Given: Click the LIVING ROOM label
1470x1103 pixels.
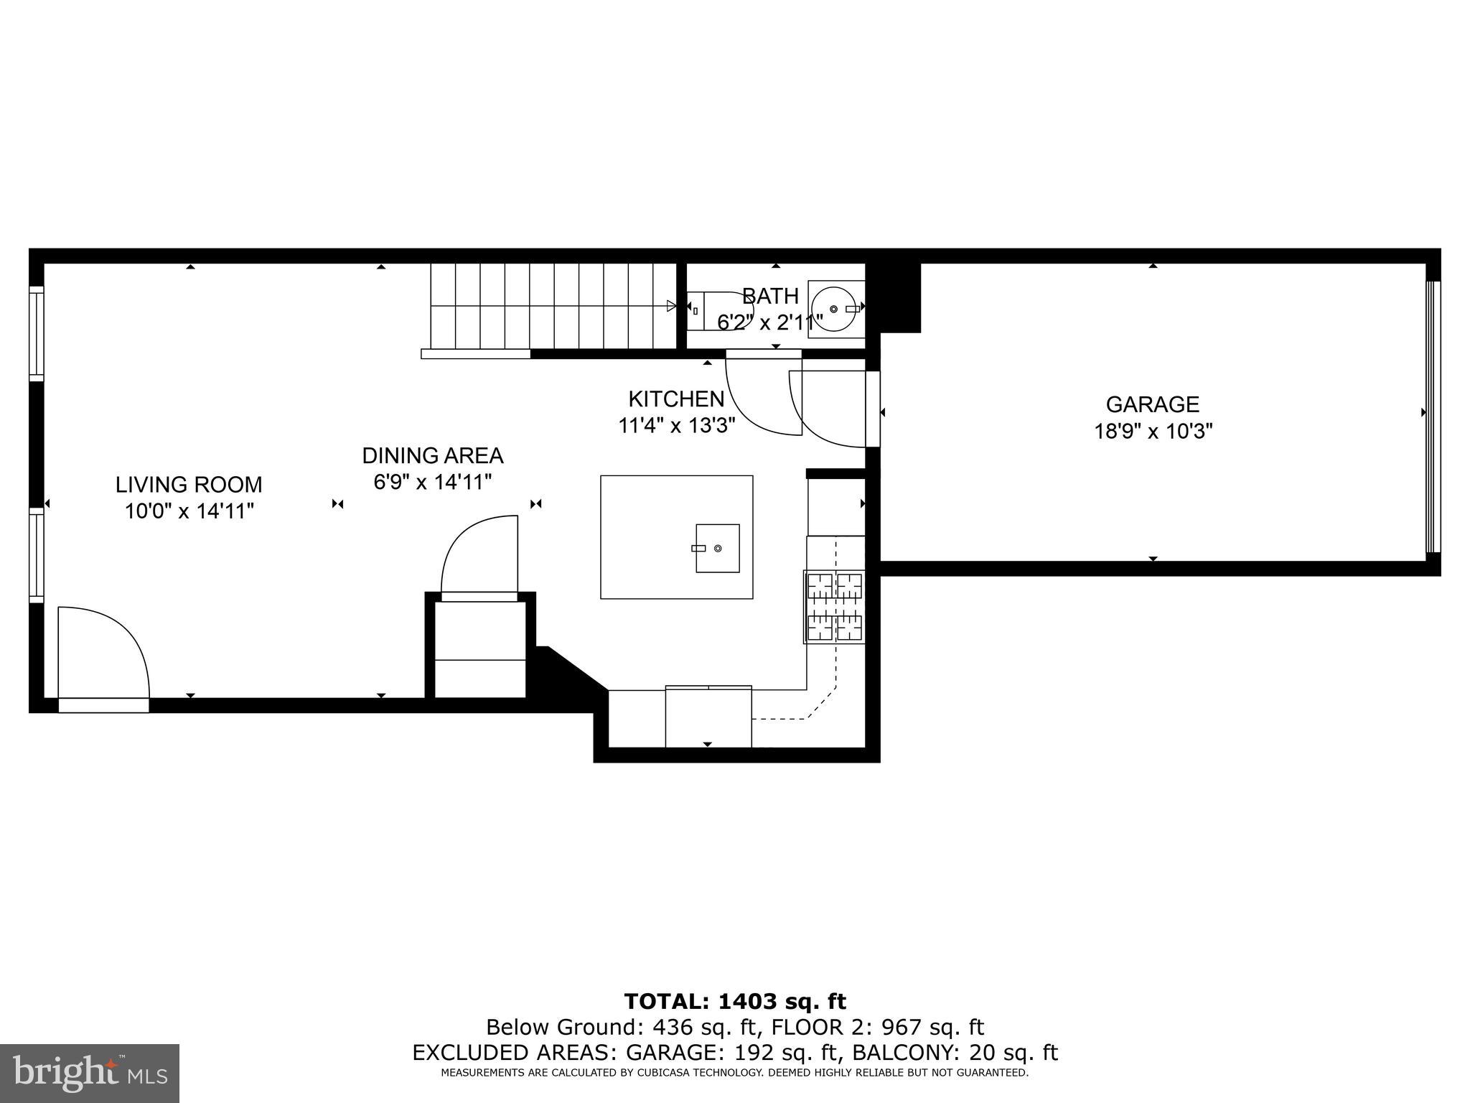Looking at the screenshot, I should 189,485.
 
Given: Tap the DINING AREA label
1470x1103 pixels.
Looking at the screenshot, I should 432,456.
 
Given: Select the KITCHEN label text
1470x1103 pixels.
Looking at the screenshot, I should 676,399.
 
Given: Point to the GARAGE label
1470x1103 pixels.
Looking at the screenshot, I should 1152,404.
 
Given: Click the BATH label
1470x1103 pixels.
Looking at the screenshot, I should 770,296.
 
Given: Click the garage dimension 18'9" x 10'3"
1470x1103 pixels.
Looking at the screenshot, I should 1153,432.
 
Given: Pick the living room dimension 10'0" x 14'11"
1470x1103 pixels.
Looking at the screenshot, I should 189,512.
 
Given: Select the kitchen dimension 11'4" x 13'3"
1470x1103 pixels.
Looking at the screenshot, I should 677,426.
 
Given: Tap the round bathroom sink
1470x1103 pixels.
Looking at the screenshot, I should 834,309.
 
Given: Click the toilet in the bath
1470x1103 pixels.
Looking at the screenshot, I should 711,310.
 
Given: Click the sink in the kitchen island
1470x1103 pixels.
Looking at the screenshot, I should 717,548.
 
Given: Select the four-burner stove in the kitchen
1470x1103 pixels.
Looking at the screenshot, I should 835,607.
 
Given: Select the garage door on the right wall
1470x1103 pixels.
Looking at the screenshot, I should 1432,416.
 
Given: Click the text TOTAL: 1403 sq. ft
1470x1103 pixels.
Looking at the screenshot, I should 735,1001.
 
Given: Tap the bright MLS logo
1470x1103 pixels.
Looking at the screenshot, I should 90,1074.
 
